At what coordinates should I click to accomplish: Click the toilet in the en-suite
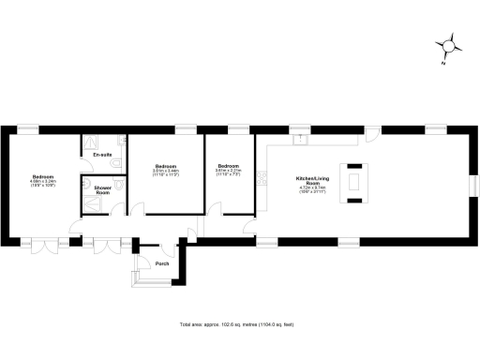pos(115,165)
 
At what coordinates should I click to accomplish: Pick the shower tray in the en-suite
pos(95,142)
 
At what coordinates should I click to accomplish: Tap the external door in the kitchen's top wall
pos(372,132)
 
